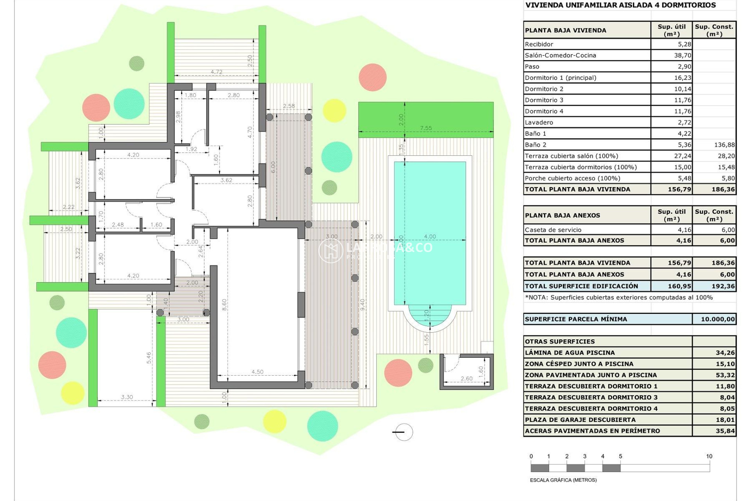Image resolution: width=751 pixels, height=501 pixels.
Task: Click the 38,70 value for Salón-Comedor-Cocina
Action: (682, 55)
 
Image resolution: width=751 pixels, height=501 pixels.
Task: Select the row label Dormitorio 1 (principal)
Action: (561, 77)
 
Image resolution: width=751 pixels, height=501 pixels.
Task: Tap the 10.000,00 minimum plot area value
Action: (717, 319)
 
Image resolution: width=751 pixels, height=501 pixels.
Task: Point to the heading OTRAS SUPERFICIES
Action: (560, 341)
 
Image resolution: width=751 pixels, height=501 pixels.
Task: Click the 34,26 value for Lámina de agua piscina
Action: (725, 353)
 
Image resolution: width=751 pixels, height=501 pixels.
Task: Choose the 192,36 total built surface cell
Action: (723, 286)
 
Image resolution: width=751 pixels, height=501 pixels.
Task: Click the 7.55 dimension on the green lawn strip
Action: (426, 128)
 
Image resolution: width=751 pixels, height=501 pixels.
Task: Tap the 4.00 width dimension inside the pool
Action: (429, 236)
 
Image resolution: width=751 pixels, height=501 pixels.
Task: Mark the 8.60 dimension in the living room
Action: (224, 305)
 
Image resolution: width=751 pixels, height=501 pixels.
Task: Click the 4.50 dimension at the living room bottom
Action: (257, 372)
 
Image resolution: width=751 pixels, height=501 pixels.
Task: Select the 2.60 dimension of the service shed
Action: (466, 378)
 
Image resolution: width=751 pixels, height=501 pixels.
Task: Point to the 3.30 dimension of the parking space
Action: (127, 397)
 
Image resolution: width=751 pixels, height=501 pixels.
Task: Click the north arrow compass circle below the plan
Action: (404, 432)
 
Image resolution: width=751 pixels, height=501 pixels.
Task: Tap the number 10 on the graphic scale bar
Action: (709, 456)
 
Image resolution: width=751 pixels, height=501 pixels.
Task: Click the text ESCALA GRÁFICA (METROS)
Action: (563, 480)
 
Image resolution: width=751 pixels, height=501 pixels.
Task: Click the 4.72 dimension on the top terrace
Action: (216, 72)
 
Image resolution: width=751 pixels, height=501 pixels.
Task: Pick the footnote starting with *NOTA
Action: (618, 297)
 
